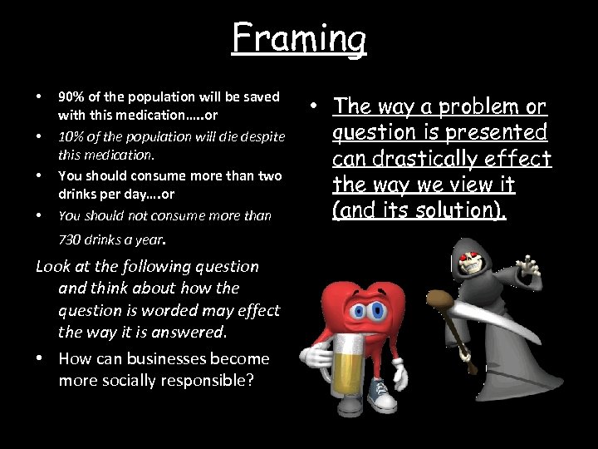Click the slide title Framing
(298, 38)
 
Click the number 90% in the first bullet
(70, 96)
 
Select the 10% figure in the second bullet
(70, 136)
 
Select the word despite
(263, 136)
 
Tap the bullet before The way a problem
(316, 106)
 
